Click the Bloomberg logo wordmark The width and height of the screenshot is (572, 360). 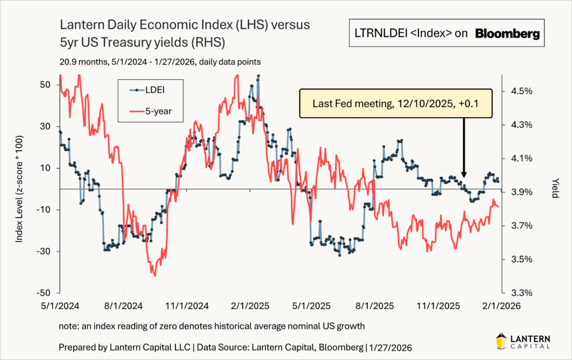[x=507, y=34]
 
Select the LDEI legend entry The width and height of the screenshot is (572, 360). [x=148, y=89]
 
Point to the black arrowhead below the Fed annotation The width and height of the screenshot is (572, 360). [x=464, y=174]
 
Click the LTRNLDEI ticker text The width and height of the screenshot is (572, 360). [x=381, y=33]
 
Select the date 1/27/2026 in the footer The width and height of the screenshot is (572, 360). [x=390, y=347]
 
